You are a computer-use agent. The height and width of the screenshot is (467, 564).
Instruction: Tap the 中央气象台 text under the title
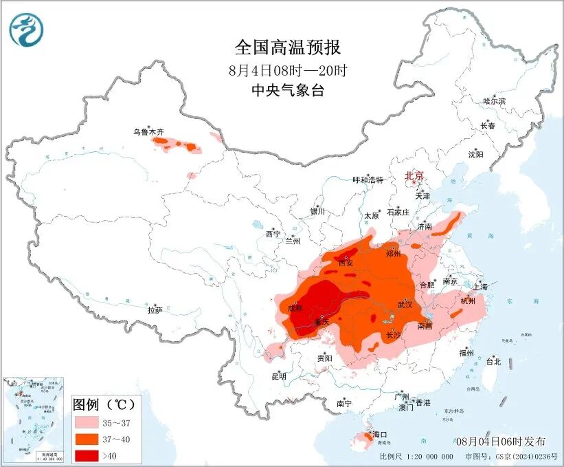[287, 90]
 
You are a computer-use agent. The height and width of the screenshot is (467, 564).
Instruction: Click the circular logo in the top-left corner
[26, 30]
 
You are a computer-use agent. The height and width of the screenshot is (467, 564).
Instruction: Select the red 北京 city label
[414, 175]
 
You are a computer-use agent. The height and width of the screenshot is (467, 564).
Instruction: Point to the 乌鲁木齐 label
[149, 131]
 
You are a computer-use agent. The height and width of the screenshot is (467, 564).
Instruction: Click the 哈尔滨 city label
[493, 101]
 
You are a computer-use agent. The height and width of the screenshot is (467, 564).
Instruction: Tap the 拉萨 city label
[155, 310]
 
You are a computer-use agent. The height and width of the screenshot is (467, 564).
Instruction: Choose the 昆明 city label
[278, 376]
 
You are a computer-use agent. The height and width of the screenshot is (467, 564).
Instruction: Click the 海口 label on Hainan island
[380, 435]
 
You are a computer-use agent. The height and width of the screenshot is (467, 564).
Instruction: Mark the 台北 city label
[493, 361]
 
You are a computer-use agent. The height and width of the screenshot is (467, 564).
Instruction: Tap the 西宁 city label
[273, 234]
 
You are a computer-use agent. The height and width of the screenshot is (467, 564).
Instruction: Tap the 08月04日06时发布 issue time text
[500, 441]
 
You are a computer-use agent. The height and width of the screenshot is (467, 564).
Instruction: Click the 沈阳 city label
[475, 154]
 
